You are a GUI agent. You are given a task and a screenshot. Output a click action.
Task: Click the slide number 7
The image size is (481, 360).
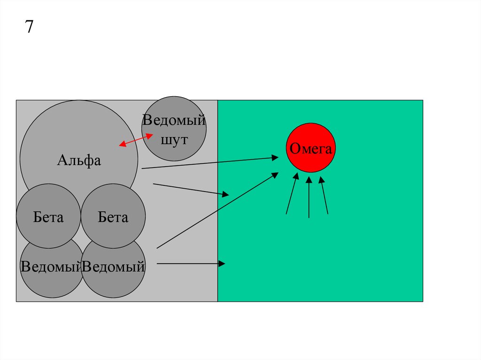tap(29, 27)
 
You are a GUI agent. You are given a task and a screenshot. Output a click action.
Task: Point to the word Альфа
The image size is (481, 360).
tap(79, 161)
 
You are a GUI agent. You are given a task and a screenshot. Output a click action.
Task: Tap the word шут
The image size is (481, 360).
tap(174, 140)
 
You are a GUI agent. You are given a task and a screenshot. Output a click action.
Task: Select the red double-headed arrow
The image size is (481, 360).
tap(136, 140)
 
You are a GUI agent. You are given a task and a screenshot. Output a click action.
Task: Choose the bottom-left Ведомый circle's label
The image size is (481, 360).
tap(51, 267)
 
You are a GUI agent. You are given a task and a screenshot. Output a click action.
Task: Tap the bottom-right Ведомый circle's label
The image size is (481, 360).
tap(113, 267)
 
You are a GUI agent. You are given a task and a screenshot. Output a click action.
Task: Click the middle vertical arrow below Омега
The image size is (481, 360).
tap(309, 197)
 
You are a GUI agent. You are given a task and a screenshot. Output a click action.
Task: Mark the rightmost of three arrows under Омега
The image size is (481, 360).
tap(324, 195)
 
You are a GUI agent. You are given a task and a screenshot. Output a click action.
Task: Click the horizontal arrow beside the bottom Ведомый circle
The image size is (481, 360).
tap(190, 264)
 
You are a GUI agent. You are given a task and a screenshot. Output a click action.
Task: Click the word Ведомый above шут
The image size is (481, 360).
tap(174, 120)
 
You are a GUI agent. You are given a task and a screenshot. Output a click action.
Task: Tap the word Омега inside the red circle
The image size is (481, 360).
tap(310, 149)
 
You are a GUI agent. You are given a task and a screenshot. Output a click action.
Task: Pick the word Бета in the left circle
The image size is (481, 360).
tap(48, 217)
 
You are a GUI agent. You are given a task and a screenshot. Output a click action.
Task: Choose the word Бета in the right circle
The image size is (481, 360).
tap(113, 217)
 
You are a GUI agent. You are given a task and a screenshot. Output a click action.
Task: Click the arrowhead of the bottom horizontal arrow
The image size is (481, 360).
tap(223, 264)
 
